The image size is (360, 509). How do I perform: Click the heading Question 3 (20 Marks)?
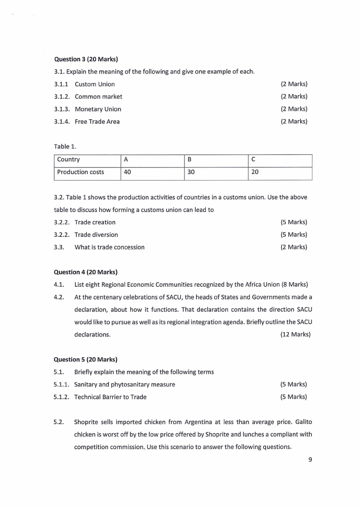coord(86,59)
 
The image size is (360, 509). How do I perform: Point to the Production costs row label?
coord(81,172)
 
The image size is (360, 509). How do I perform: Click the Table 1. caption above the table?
coord(63,147)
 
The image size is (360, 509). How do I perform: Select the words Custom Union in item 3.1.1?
coord(95,84)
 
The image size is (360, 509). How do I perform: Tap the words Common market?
coord(98,97)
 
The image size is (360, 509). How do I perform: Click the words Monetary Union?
coord(98,109)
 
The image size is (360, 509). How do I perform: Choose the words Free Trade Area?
coord(97,122)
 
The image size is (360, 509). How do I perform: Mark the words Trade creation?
coord(95,222)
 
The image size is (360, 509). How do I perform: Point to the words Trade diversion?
coord(96,235)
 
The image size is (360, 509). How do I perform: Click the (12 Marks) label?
coord(295,335)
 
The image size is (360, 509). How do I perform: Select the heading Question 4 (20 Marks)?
coord(86,272)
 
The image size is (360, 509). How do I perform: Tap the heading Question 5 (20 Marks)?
coord(86,360)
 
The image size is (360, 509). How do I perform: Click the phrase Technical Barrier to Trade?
coord(111,397)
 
